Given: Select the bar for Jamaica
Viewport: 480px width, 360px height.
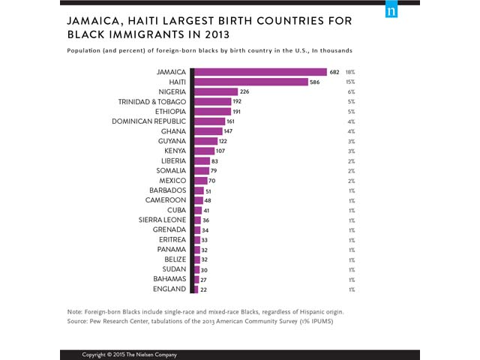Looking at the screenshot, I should pos(260,72).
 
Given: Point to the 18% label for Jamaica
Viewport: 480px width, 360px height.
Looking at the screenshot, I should pos(350,72).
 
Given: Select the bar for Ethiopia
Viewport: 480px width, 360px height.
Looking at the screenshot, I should pos(213,111).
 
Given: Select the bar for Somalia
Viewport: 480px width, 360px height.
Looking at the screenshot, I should pos(201,169).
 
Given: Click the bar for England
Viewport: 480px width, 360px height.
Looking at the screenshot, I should pos(196,289).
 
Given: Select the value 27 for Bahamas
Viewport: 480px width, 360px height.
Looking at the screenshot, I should pos(204,278).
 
